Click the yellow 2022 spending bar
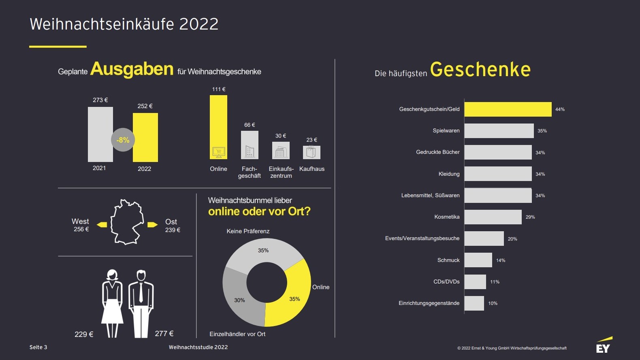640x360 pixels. point(145,138)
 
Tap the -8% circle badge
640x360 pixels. point(123,140)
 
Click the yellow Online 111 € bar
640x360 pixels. point(218,121)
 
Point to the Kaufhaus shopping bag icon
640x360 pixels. point(311,152)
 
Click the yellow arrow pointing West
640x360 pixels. point(102,225)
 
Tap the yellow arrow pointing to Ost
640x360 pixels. point(152,225)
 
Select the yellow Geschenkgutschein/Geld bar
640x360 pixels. point(508,109)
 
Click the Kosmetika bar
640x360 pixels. point(493,217)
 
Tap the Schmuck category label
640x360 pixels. point(448,260)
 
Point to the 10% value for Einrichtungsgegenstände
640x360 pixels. point(493,303)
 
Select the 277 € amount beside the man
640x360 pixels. point(164,334)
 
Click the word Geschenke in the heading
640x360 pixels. point(480,70)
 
